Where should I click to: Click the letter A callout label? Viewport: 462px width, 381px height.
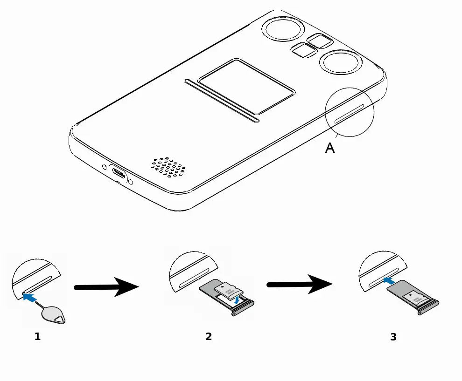click(x=330, y=148)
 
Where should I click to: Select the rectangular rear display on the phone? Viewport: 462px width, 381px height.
click(x=246, y=87)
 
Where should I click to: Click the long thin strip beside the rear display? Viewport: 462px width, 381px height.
click(x=222, y=101)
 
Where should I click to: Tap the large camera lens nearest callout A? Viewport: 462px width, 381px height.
click(x=340, y=63)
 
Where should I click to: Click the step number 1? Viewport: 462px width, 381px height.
click(x=38, y=336)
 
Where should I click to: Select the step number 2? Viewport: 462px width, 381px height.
click(x=209, y=336)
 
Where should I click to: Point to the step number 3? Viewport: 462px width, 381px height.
click(x=393, y=337)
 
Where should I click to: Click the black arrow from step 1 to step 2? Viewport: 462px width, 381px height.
click(x=106, y=287)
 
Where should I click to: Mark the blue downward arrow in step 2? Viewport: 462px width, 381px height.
click(x=238, y=300)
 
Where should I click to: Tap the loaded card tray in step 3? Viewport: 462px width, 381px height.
click(x=413, y=299)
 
